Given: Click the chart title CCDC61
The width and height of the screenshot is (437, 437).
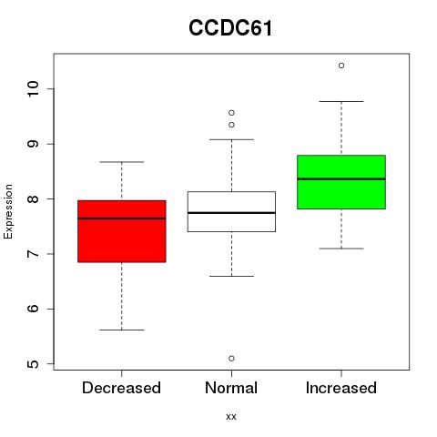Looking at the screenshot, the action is point(230,28).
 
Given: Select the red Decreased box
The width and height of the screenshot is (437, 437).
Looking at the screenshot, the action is point(122,231).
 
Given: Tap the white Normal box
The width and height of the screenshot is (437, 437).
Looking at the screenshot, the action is point(231,211).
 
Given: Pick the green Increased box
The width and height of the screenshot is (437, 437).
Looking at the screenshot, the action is point(341,182).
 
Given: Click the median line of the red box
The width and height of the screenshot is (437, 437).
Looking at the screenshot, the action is point(122,218).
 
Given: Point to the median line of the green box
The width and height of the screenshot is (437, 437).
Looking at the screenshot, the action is point(341,178).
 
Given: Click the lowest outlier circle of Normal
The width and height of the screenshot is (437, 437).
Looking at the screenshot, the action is point(231,359).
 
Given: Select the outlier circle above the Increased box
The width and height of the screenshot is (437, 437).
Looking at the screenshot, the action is point(341,66).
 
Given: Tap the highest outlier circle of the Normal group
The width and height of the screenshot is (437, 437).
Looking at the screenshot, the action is point(231,113).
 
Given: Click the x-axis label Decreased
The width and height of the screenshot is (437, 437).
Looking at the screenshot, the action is point(121,388).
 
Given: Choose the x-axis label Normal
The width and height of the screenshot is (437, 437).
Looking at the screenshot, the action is point(231,388).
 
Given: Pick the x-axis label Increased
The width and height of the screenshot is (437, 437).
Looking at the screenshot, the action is point(341,388).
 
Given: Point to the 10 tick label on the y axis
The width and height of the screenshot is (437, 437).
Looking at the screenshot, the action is point(34,88).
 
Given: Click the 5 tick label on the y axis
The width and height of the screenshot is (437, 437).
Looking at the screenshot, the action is point(34,364).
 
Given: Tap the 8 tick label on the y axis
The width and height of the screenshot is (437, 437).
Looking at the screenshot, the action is point(34,198).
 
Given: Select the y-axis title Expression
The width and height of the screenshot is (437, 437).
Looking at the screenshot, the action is point(8,211).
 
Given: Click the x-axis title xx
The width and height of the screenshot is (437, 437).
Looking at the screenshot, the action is point(231,417).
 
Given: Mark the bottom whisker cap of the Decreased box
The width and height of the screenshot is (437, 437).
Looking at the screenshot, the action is point(122,330).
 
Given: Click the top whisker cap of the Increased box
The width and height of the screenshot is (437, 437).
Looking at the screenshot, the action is point(341,101).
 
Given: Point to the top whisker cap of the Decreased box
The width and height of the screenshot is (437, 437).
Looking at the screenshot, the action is point(122,162).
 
